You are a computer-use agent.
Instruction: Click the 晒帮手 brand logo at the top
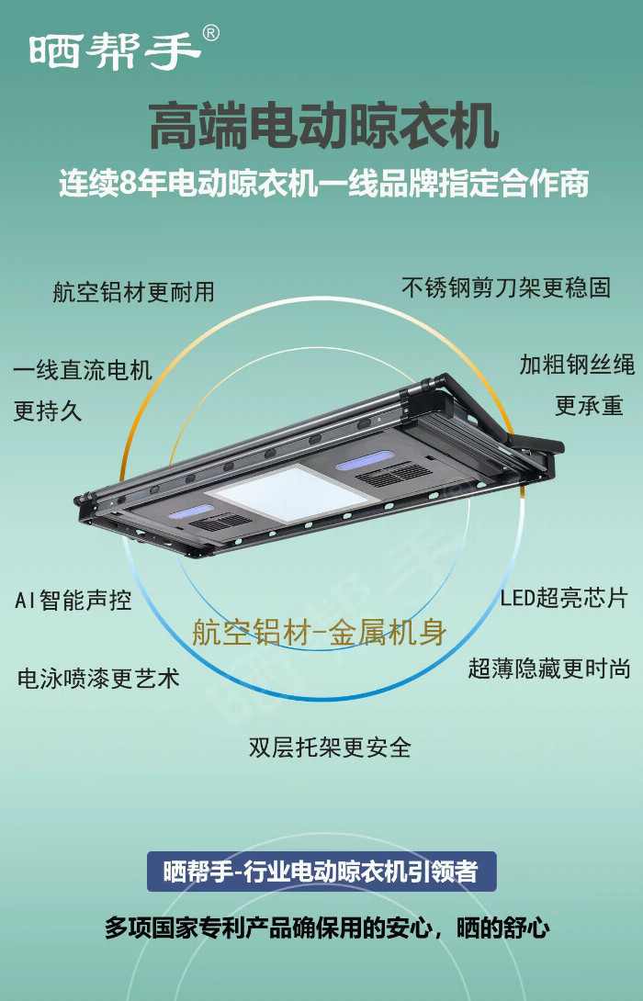pyautogui.click(x=115, y=51)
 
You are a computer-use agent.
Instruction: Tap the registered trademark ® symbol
pyautogui.click(x=210, y=33)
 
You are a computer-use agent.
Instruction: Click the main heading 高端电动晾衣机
pyautogui.click(x=323, y=126)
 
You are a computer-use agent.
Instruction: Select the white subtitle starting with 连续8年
pyautogui.click(x=323, y=184)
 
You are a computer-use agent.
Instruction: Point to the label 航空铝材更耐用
pyautogui.click(x=133, y=292)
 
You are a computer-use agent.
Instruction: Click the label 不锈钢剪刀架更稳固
pyautogui.click(x=506, y=287)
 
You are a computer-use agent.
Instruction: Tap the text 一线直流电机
pyautogui.click(x=83, y=370)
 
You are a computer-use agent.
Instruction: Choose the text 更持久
pyautogui.click(x=48, y=411)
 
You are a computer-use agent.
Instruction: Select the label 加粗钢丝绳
pyautogui.click(x=577, y=365)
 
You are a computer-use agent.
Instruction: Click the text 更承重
pyautogui.click(x=589, y=405)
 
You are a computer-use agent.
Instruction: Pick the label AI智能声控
pyautogui.click(x=73, y=600)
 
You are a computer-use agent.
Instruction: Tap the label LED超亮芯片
pyautogui.click(x=564, y=598)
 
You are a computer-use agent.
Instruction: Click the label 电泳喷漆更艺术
pyautogui.click(x=98, y=678)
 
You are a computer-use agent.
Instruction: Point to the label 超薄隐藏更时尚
pyautogui.click(x=549, y=669)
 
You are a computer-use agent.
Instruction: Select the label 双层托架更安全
pyautogui.click(x=330, y=747)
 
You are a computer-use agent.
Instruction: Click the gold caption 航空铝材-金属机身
pyautogui.click(x=319, y=632)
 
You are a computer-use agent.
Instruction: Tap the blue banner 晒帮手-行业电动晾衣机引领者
pyautogui.click(x=321, y=872)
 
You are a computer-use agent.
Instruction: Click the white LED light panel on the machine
pyautogui.click(x=288, y=494)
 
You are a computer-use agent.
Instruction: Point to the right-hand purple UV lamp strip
pyautogui.click(x=366, y=460)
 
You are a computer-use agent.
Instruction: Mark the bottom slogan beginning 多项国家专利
pyautogui.click(x=327, y=928)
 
